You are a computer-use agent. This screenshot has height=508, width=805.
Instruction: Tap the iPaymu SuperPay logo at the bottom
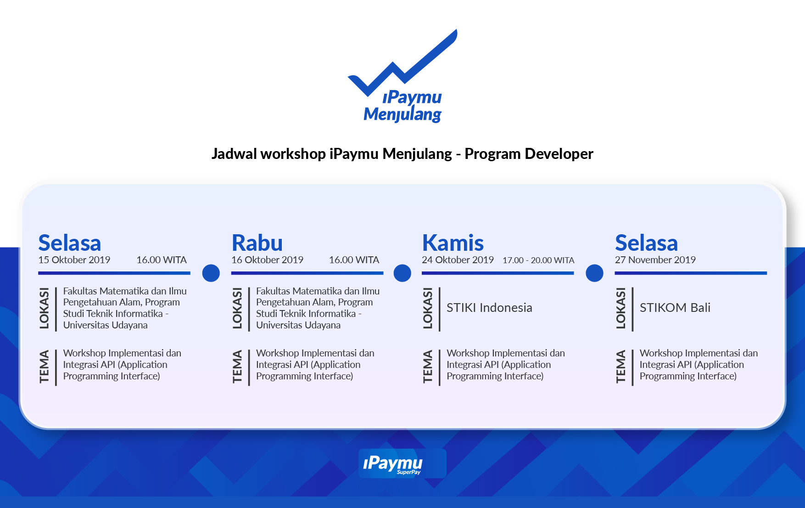(402, 463)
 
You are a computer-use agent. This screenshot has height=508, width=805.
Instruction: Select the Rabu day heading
(257, 243)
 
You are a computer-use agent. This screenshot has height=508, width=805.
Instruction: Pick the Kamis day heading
(453, 243)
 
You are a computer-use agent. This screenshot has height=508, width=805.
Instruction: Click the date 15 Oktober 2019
(74, 260)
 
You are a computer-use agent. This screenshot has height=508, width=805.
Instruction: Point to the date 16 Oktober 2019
(268, 260)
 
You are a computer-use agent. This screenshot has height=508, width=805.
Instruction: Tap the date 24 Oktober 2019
(458, 260)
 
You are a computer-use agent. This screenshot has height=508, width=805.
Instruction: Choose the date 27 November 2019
(655, 260)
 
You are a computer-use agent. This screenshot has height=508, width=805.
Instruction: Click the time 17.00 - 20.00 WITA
(538, 260)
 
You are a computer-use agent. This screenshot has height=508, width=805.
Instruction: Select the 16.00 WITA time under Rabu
(354, 260)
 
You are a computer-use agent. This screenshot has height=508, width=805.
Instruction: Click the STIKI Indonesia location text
(489, 308)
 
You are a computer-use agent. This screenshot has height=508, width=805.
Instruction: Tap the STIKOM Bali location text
(675, 308)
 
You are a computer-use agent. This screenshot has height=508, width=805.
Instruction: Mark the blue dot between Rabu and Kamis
(402, 273)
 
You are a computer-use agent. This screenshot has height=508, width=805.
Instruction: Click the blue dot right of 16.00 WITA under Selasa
(211, 273)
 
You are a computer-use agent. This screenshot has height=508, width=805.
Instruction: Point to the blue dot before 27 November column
(594, 273)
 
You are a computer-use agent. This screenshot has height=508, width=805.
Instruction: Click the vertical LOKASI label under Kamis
(428, 308)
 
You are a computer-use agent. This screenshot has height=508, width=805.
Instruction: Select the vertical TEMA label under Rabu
(237, 367)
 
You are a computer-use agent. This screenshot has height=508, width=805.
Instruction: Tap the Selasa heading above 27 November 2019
(646, 243)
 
